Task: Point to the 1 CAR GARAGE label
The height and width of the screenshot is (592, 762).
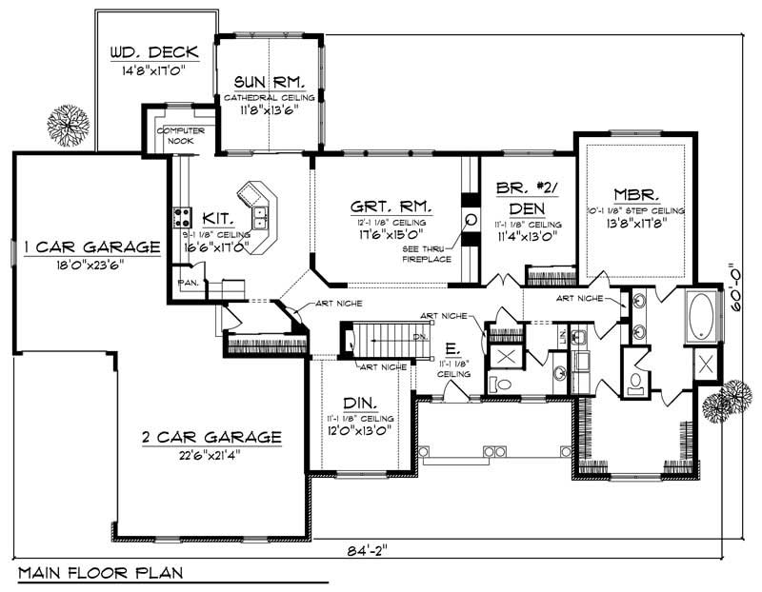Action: [x=91, y=247]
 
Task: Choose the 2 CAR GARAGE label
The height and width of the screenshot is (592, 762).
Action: [x=211, y=438]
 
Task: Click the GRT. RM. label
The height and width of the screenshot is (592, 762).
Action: [x=391, y=206]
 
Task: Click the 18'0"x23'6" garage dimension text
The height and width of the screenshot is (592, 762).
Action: [x=91, y=264]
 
